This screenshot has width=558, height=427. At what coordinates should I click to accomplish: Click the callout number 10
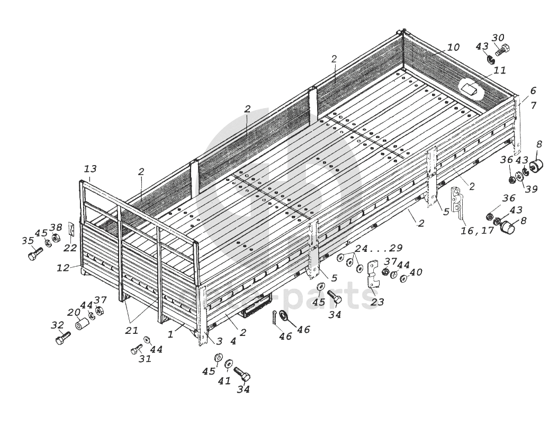click(x=453, y=47)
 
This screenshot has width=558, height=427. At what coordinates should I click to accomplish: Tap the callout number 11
click(x=499, y=70)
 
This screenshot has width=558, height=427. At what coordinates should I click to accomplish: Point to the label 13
click(x=90, y=169)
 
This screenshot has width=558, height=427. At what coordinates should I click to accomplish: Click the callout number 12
click(x=63, y=268)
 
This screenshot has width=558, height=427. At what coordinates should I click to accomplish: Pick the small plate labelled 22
click(x=71, y=231)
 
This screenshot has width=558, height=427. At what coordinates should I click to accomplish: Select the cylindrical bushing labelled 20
click(x=81, y=322)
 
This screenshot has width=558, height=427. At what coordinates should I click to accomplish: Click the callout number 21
click(x=131, y=330)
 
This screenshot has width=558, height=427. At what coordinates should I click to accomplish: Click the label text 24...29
click(x=379, y=248)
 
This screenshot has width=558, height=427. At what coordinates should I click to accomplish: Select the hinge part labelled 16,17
click(x=457, y=203)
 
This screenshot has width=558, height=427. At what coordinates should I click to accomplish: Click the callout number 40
click(x=416, y=272)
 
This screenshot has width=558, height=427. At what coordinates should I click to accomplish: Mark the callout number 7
click(x=533, y=105)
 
